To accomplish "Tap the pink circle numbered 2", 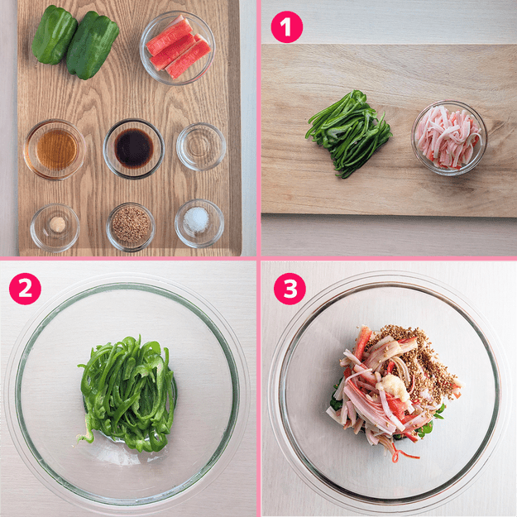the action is [25, 289].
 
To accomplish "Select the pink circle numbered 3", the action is [290, 289].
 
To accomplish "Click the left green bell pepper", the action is [55, 35].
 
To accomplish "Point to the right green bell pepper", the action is [93, 45].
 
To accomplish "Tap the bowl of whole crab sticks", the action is [178, 47].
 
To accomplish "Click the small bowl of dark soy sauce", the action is [133, 149].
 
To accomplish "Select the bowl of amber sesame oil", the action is [55, 150].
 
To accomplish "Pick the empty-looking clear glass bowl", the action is [201, 146].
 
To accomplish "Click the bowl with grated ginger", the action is [55, 227].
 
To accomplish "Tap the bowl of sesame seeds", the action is [132, 227].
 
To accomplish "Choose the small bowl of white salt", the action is [199, 223].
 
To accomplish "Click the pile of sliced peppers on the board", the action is [349, 133].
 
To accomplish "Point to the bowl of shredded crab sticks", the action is [449, 138].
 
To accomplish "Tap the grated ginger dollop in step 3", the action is [394, 386].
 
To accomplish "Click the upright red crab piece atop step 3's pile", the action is [362, 342].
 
